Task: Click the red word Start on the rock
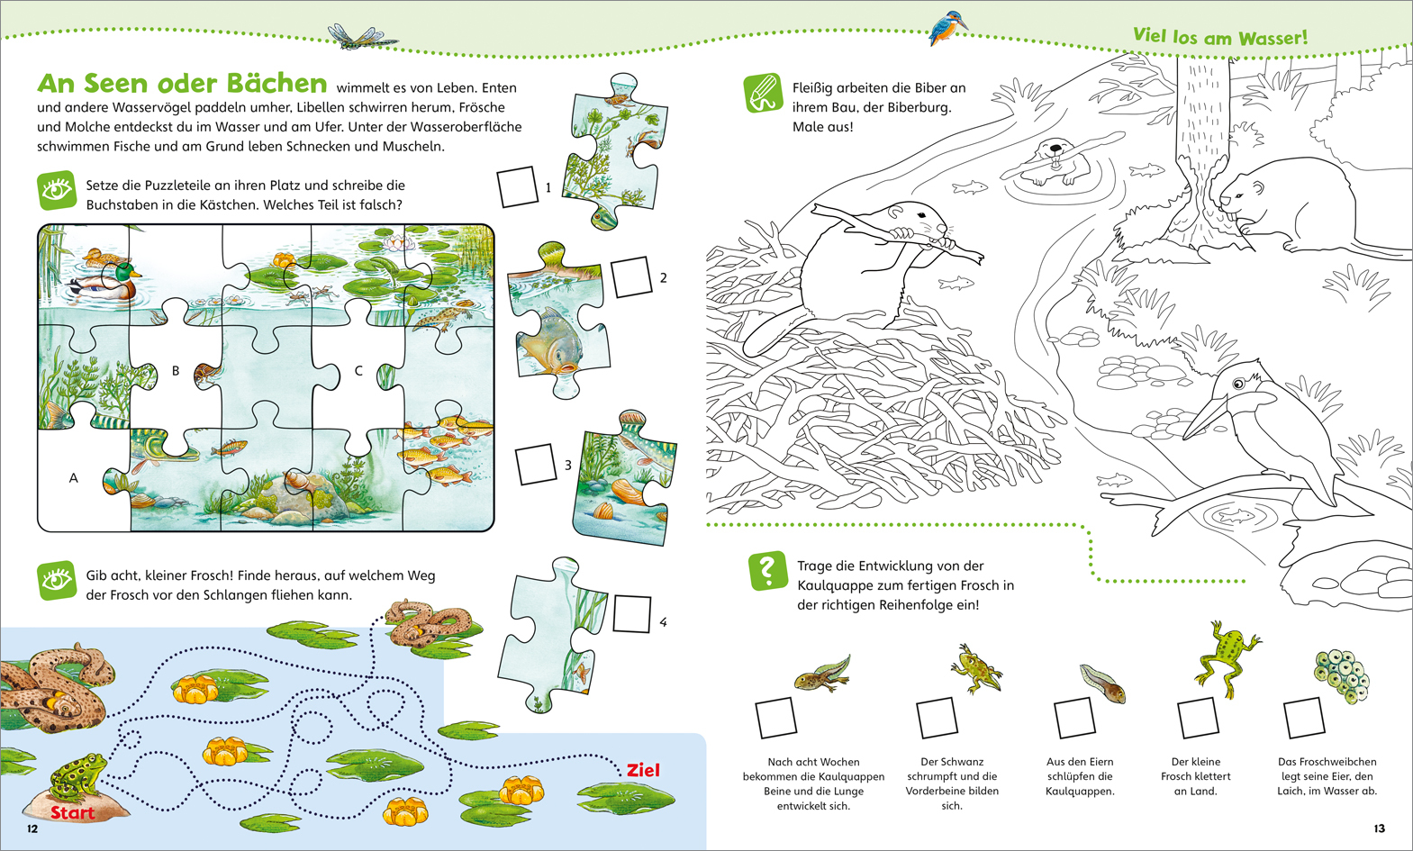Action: click(x=73, y=812)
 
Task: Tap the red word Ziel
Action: click(x=643, y=770)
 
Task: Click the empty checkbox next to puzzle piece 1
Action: click(x=517, y=186)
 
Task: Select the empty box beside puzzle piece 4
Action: click(x=631, y=613)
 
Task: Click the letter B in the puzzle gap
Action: click(x=176, y=371)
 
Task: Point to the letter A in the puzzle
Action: click(x=73, y=478)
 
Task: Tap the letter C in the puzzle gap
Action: click(x=358, y=371)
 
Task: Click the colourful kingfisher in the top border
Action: click(x=947, y=30)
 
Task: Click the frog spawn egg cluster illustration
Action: click(x=1340, y=676)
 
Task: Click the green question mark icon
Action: click(x=767, y=571)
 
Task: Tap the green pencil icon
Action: click(x=764, y=94)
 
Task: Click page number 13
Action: click(x=1379, y=828)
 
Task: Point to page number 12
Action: click(x=32, y=828)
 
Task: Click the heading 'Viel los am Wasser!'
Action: click(x=1220, y=37)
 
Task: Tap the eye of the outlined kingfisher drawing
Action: click(x=1238, y=383)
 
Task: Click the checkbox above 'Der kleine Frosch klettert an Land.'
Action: click(x=1197, y=718)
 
